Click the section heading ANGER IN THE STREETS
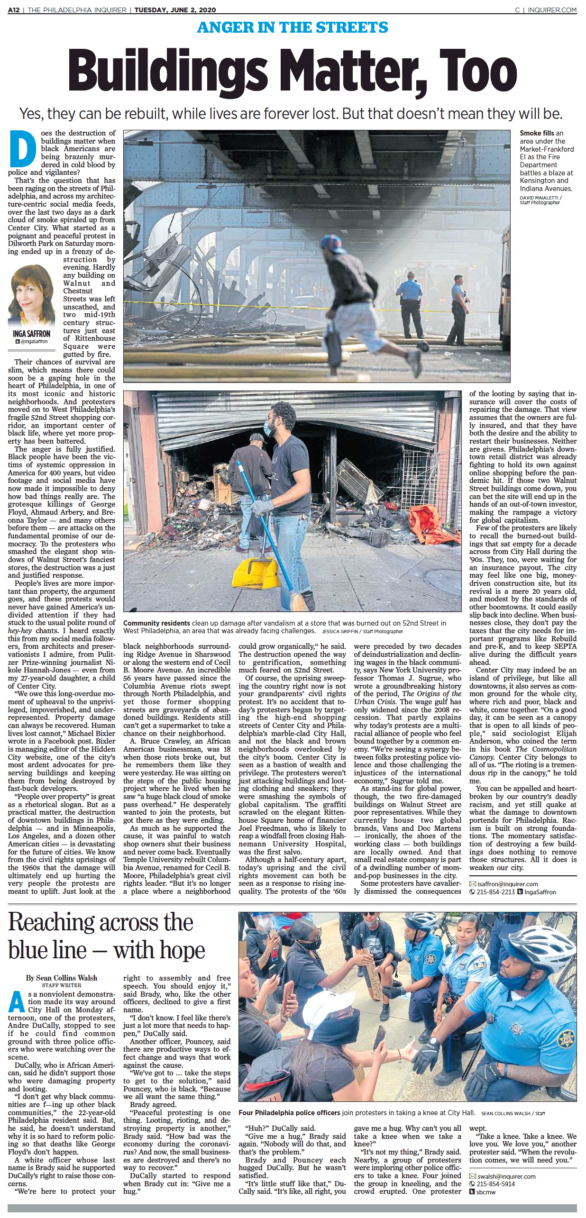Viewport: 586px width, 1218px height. (x=293, y=27)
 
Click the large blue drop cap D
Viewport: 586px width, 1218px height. (x=22, y=149)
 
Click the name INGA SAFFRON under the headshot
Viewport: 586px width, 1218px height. (x=31, y=334)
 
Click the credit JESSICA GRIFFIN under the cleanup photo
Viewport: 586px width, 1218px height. (x=340, y=631)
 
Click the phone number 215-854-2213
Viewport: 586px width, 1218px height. (x=495, y=892)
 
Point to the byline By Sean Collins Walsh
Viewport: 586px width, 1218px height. (x=62, y=978)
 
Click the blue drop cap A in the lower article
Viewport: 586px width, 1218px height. (x=17, y=1001)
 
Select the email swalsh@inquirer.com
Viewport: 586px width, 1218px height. (x=506, y=1176)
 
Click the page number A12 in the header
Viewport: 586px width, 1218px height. (x=14, y=9)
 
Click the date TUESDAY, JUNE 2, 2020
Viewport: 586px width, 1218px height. (x=175, y=9)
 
